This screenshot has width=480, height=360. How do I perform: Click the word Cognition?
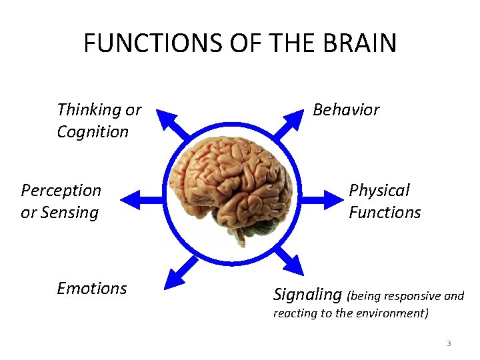(93, 131)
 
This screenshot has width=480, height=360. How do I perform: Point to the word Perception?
(61, 190)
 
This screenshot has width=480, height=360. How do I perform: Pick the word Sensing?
(69, 213)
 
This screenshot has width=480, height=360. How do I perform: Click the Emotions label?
(92, 288)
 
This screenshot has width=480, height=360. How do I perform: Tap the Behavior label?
(346, 109)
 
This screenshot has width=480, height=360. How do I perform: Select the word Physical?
(379, 190)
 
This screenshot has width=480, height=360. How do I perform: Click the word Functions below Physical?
(385, 213)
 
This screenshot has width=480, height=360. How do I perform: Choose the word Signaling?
(307, 294)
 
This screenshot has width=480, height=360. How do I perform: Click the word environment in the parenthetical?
(389, 313)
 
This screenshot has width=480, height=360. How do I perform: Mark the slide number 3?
(449, 343)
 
